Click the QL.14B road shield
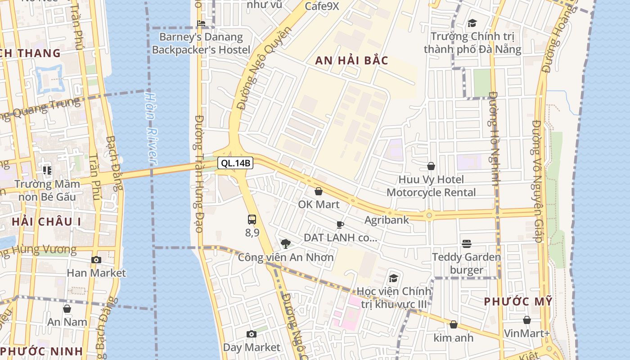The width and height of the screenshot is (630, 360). coord(235,163)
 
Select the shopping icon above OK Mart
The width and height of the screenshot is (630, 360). coord(319,191)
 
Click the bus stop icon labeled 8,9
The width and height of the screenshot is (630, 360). coord(252,220)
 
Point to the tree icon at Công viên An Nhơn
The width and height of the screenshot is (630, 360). coord(285,244)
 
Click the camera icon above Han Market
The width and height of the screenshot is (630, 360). coord(96,260)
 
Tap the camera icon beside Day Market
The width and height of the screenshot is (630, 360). coord(252,334)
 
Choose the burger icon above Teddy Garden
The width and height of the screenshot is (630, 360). coord(467,244)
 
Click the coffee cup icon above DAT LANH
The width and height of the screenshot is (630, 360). coord(340,225)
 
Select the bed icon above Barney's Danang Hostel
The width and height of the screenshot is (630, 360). coord(201,23)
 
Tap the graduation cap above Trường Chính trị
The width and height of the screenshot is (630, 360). coord(472,23)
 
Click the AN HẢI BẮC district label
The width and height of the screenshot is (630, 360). coord(351,61)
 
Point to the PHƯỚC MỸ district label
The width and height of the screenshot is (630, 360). coord(518,302)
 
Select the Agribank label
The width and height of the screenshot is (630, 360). coord(387,220)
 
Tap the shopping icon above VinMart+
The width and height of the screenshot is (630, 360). coord(526,320)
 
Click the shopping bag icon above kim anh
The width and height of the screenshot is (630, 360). coord(454,324)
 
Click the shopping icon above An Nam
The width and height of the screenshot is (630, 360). coord(67,309)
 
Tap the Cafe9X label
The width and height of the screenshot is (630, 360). coord(322,6)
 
